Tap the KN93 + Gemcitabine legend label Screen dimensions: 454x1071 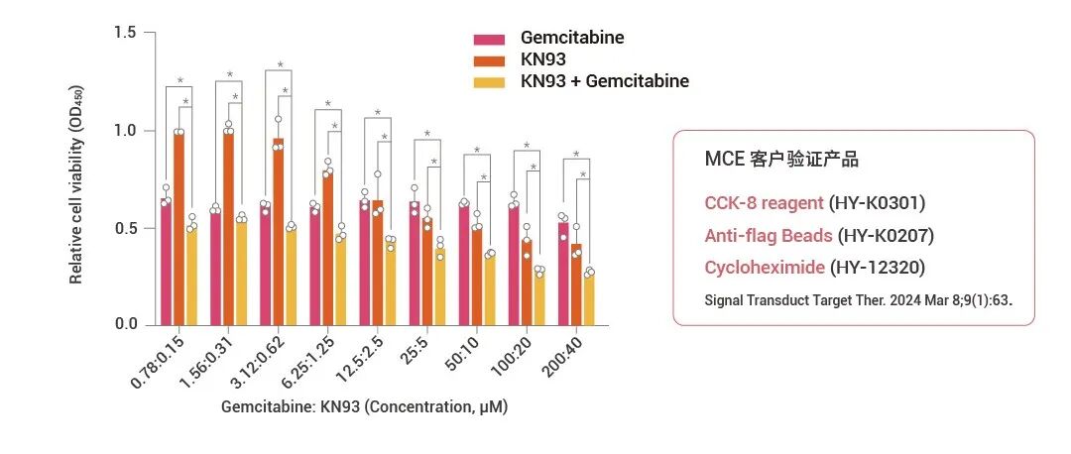click(604, 81)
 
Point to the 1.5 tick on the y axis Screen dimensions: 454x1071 click(125, 33)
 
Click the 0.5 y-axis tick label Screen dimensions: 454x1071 click(125, 228)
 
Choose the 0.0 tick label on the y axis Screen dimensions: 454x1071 click(125, 324)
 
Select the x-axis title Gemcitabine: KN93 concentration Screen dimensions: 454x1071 click(364, 407)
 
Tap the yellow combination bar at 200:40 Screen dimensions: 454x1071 click(588, 298)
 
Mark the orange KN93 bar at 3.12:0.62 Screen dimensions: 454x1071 click(278, 232)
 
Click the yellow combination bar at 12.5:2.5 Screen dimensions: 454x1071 click(391, 282)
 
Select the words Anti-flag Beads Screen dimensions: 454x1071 click(768, 236)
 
